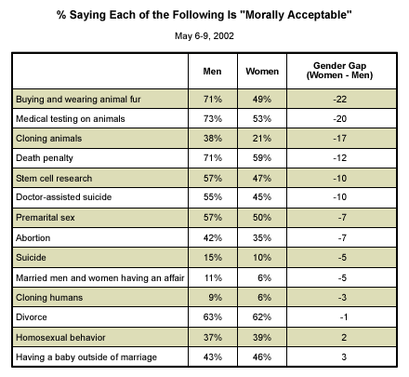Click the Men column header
pos(212,72)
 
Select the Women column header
pos(262,72)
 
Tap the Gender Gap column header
pos(339,71)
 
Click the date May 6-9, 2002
pos(204,36)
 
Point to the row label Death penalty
pos(45,158)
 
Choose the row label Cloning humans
pos(49,298)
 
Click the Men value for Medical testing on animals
pos(213,119)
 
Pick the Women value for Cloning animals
pos(262,139)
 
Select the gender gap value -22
pos(340,100)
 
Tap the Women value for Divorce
pos(262,317)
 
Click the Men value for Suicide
pos(213,258)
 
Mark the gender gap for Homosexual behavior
pos(344,337)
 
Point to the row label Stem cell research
pos(54,179)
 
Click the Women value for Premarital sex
pos(262,218)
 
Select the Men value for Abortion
pos(213,238)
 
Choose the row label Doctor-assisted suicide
pos(63,197)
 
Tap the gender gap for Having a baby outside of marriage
pos(344,357)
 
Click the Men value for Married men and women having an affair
pos(213,277)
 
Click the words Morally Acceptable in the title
pos(298,15)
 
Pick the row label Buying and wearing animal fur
pos(78,100)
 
